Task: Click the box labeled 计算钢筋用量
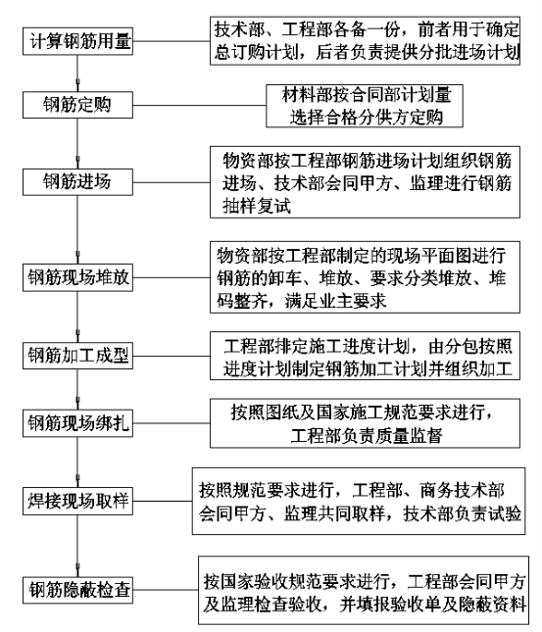click(x=77, y=41)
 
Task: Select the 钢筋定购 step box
click(x=77, y=105)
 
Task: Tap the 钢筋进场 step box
click(x=77, y=182)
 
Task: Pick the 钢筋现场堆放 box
click(x=77, y=277)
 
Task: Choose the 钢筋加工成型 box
click(x=77, y=356)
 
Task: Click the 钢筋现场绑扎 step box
click(x=77, y=423)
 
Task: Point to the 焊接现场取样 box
click(x=77, y=501)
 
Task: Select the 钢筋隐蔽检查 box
click(x=77, y=590)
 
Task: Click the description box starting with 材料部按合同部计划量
click(x=365, y=106)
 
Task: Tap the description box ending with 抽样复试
click(x=365, y=182)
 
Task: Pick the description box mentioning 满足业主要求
click(x=365, y=277)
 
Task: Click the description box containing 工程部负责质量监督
click(x=365, y=423)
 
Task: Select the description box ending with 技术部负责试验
click(x=359, y=501)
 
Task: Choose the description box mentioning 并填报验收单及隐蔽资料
click(x=364, y=590)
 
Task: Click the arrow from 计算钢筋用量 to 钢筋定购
click(x=77, y=73)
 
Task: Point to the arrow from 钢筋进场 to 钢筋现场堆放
click(x=77, y=229)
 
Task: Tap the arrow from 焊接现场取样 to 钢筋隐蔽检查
click(x=77, y=546)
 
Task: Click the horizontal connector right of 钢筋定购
click(x=199, y=106)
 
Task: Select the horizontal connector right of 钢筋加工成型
click(x=172, y=356)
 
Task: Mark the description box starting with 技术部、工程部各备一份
click(x=365, y=41)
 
